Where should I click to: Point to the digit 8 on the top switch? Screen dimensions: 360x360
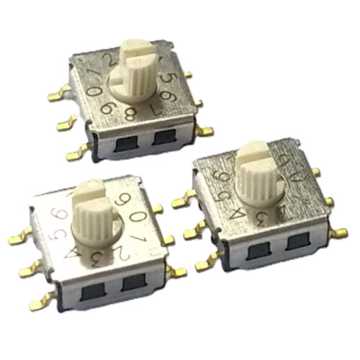130,114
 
